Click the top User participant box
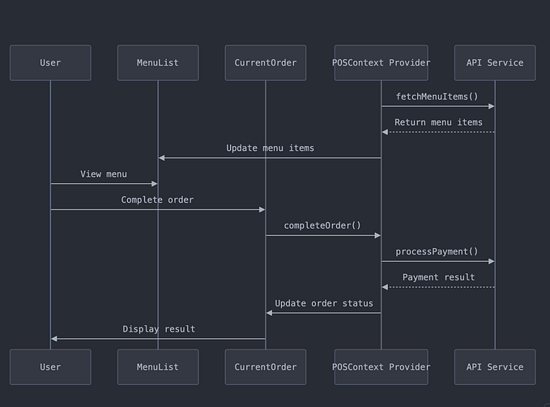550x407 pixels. tap(50, 62)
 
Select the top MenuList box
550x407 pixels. tap(158, 62)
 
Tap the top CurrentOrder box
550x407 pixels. tap(265, 62)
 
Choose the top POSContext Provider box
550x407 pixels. tap(381, 62)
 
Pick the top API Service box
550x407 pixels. tap(495, 62)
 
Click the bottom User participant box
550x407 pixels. tap(50, 366)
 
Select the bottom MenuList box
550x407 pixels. tap(158, 366)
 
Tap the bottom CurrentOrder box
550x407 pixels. tap(265, 366)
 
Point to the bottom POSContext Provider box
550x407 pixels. tap(381, 366)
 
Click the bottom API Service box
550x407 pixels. tap(495, 366)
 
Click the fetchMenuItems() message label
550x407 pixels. tap(437, 96)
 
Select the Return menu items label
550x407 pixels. tap(438, 122)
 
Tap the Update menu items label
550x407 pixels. tap(270, 148)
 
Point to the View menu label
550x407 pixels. tap(104, 174)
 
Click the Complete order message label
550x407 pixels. tap(157, 199)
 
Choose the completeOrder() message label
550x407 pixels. tap(322, 225)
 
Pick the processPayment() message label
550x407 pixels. tap(437, 251)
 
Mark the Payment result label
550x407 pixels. tap(438, 277)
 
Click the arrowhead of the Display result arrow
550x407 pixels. tap(54, 339)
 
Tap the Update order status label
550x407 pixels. tap(324, 303)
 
